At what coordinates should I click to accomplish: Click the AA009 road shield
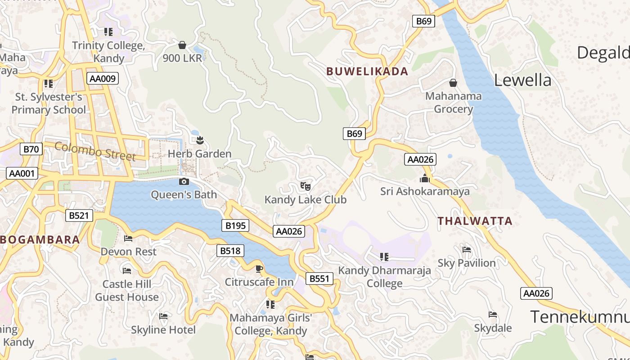coord(102,78)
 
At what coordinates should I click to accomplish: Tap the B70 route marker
coord(31,149)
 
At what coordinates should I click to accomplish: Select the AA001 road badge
coord(22,173)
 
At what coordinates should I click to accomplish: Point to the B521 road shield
coord(79,216)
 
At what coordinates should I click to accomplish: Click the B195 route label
coord(235,225)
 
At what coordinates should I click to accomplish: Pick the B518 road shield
coord(230,251)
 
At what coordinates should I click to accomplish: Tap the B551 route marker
coord(319,279)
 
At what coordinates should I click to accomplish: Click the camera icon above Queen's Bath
coord(184,181)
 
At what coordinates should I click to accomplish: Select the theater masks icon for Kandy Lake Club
coord(306,185)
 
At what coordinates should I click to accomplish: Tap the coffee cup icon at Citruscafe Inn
coord(259,269)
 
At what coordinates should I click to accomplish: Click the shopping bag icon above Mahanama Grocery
coord(453,83)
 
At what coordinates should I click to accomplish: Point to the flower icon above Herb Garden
coord(200,140)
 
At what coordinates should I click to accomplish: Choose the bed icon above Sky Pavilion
coord(466,249)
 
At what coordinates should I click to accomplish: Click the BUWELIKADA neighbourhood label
coord(367,71)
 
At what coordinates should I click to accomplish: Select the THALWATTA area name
coord(475,221)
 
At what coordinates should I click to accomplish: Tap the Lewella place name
coord(522,80)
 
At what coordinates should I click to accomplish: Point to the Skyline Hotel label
coord(163,330)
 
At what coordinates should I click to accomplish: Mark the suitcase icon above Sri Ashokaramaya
coord(424,179)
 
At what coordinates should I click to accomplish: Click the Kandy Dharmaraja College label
coord(384,277)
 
